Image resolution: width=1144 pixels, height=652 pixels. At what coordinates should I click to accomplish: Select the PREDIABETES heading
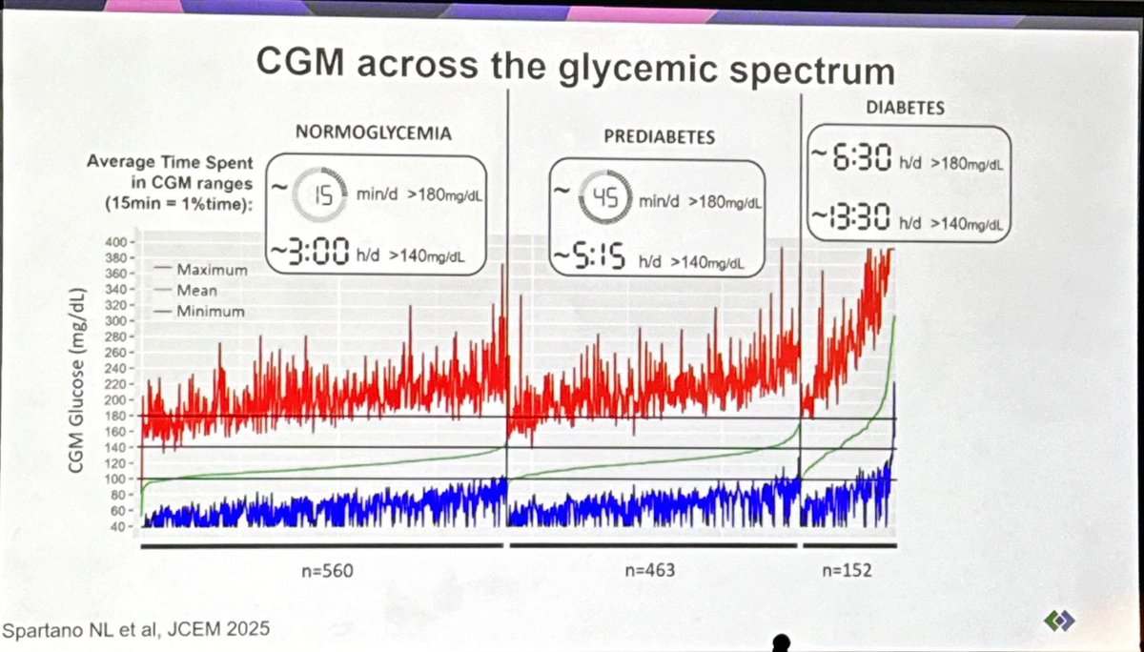[658, 136]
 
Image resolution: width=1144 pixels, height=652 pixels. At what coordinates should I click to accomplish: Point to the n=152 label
[845, 573]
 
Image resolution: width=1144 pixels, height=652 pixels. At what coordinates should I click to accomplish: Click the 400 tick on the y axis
[115, 239]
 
